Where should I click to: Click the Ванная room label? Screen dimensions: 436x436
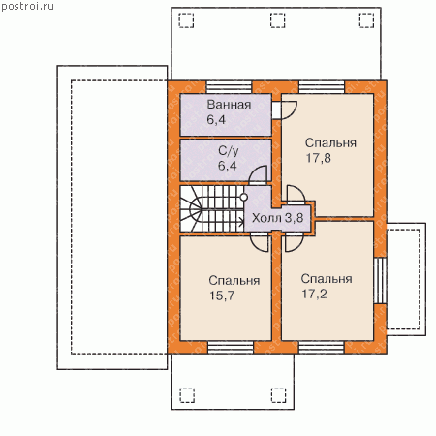coord(229,105)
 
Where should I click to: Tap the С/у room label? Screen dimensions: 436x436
coord(229,151)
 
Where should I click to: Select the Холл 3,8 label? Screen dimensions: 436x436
coord(277,218)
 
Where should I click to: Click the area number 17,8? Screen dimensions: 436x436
coord(318,158)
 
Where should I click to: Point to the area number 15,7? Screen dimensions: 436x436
coord(222,296)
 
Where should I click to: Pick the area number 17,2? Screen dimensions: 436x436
coord(314,295)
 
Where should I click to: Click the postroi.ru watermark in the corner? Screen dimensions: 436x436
coord(27,7)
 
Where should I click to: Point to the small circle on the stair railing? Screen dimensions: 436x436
coord(244,197)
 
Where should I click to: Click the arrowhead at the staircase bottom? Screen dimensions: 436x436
coord(241,222)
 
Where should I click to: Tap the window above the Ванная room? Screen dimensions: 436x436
coord(229,87)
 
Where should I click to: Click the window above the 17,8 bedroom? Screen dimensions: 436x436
coord(322,87)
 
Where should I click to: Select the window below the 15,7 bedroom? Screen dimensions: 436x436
coord(231,348)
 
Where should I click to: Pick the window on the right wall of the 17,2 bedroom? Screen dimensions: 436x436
coord(380,280)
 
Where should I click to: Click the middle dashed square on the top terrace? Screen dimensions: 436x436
coord(278,20)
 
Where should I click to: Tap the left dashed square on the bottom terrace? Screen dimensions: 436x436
coord(187,395)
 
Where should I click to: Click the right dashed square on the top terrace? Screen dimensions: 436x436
coord(366,20)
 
